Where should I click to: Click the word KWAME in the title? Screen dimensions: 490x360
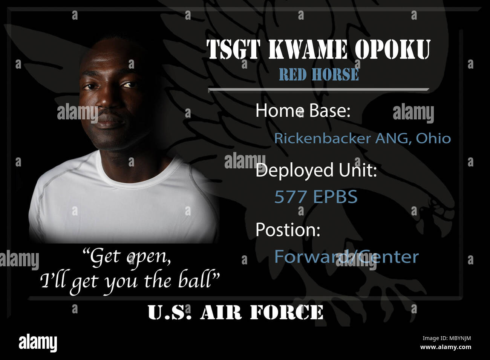click(308, 49)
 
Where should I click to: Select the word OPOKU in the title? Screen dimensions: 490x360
click(393, 49)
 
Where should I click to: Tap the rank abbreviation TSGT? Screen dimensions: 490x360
click(233, 49)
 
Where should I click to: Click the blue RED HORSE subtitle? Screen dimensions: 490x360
click(319, 74)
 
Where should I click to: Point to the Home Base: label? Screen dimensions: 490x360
click(303, 110)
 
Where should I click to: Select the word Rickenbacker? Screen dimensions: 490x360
click(322, 138)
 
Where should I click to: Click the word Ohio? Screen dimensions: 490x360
click(433, 138)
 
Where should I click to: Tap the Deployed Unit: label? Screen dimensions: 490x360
click(316, 171)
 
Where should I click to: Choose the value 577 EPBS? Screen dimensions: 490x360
click(316, 197)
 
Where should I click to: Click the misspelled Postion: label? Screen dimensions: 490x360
click(288, 229)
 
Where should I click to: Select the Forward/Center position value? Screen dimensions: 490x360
click(346, 256)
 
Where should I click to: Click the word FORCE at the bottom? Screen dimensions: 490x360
click(286, 312)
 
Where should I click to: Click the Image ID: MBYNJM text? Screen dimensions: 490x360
click(447, 339)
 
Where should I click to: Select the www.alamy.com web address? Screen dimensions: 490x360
click(446, 347)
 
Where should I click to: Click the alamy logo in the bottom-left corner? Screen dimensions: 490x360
click(38, 343)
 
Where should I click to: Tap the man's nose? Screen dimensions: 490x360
click(108, 98)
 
